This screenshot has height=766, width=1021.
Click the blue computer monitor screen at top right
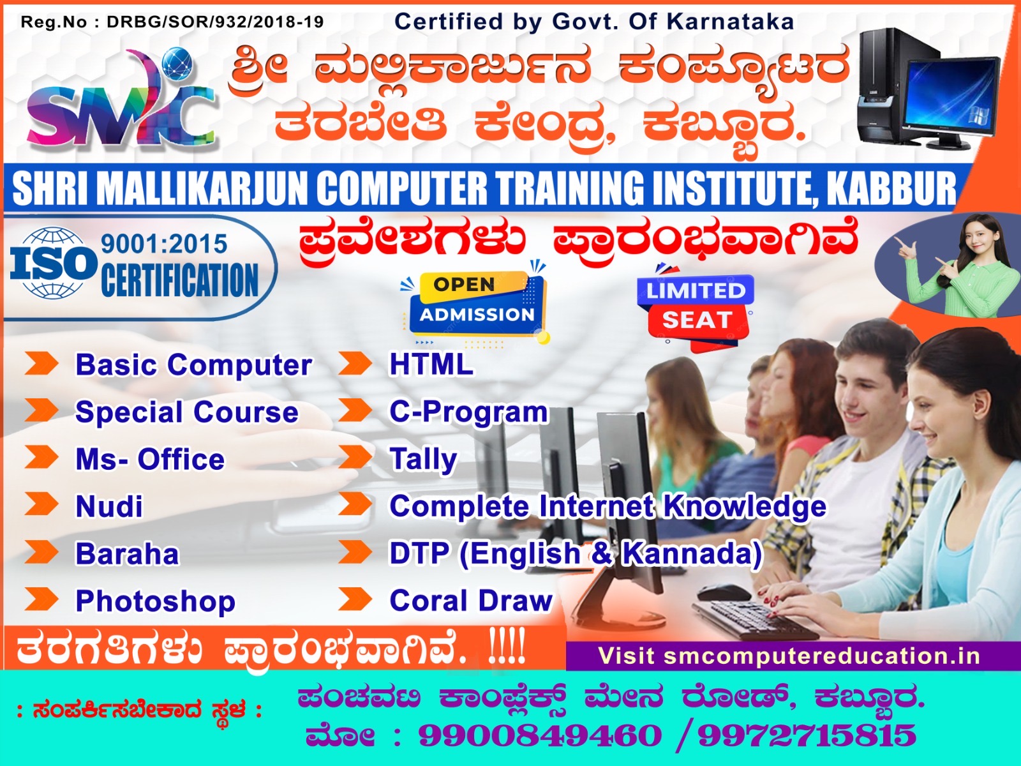[953, 96]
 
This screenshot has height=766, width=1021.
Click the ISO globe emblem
[52, 263]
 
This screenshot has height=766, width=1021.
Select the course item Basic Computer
[193, 365]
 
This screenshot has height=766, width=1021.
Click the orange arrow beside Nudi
[41, 504]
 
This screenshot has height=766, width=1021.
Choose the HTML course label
[431, 364]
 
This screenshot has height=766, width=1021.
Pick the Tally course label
[423, 459]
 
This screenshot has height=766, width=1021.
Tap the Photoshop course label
[155, 601]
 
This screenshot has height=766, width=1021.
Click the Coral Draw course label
[471, 601]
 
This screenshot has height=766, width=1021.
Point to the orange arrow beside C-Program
[355, 410]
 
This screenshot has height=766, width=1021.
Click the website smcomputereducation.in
[821, 656]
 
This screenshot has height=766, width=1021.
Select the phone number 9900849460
[540, 735]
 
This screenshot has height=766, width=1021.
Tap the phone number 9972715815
[807, 735]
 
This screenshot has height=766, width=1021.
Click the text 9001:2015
[164, 244]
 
